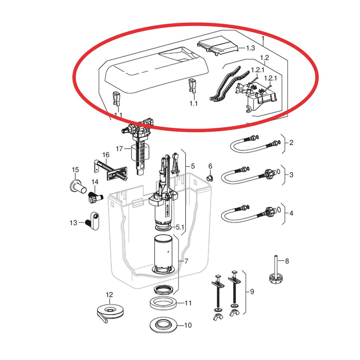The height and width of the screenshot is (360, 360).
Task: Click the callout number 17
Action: coord(119,149)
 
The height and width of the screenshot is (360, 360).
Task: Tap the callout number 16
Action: coord(106,155)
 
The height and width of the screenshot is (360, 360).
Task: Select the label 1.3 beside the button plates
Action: coord(250,48)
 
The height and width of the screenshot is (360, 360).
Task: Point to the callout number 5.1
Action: coord(180,227)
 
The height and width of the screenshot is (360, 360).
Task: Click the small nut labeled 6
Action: coord(210,178)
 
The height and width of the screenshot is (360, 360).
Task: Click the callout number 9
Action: coord(252,291)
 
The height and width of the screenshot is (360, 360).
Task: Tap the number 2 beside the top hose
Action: coord(291,143)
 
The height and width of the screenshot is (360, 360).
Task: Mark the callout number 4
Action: coord(291,213)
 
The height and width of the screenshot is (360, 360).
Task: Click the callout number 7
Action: coord(186,261)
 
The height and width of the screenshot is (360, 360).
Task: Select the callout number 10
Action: coord(188,325)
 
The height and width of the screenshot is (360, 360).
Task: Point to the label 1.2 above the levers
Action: coord(264,58)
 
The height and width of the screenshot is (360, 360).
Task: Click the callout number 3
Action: coord(291,175)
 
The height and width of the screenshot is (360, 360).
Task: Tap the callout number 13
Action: coord(73,223)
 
